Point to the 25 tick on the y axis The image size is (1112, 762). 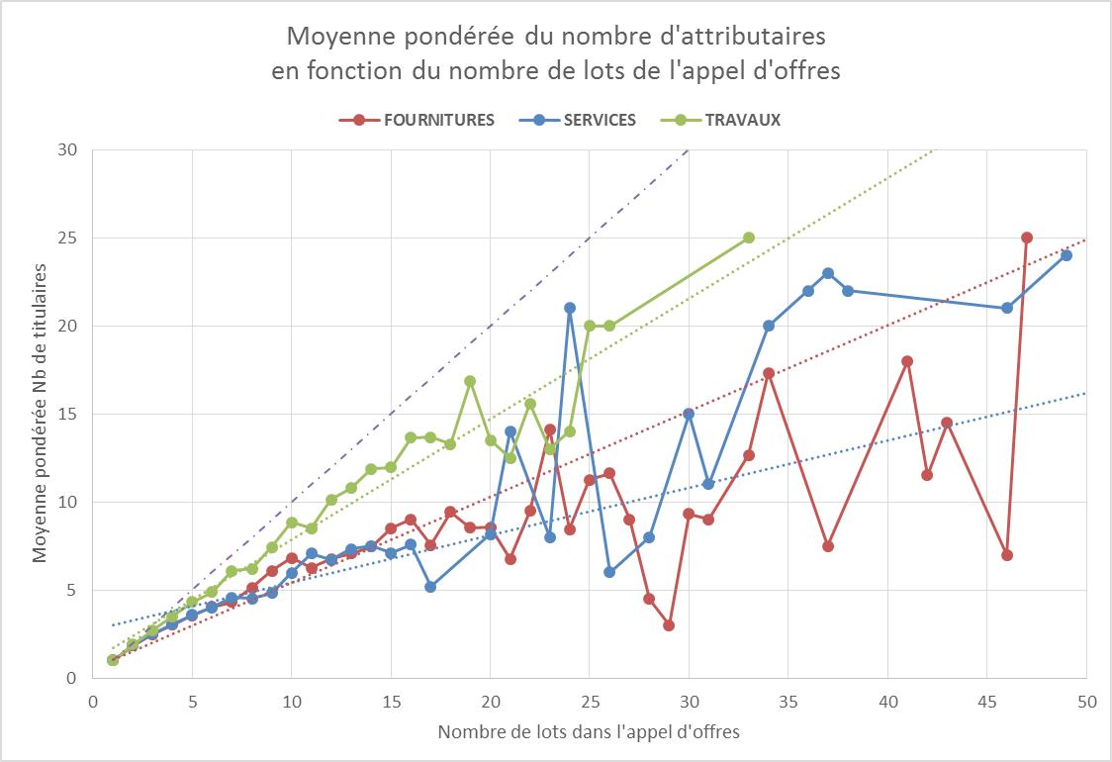click(x=70, y=238)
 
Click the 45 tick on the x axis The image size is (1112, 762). click(x=986, y=697)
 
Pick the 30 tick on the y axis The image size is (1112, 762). click(x=70, y=150)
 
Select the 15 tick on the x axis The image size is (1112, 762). click(x=391, y=697)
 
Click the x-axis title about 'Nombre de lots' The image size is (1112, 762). click(x=589, y=732)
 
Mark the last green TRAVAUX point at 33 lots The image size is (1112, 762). click(x=749, y=238)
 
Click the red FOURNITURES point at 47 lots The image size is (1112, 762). click(x=1027, y=238)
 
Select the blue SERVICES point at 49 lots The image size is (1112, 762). click(x=1066, y=255)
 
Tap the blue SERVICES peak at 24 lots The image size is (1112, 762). click(x=570, y=308)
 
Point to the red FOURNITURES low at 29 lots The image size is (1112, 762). click(x=669, y=625)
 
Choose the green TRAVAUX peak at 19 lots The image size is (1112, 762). click(x=470, y=381)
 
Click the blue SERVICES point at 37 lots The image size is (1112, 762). click(x=828, y=273)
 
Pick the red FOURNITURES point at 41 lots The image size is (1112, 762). click(x=907, y=361)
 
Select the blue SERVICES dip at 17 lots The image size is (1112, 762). click(x=430, y=587)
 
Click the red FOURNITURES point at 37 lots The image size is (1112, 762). click(x=828, y=546)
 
